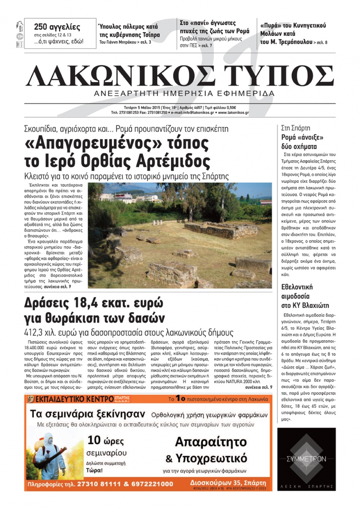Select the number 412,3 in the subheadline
click(x=35, y=332)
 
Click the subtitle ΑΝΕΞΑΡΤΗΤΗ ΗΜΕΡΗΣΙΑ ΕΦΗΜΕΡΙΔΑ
click(x=184, y=94)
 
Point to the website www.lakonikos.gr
click(x=233, y=113)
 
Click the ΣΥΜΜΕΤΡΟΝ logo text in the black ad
click(x=306, y=459)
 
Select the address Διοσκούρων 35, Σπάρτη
click(x=228, y=482)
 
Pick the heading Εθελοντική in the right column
click(x=297, y=287)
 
